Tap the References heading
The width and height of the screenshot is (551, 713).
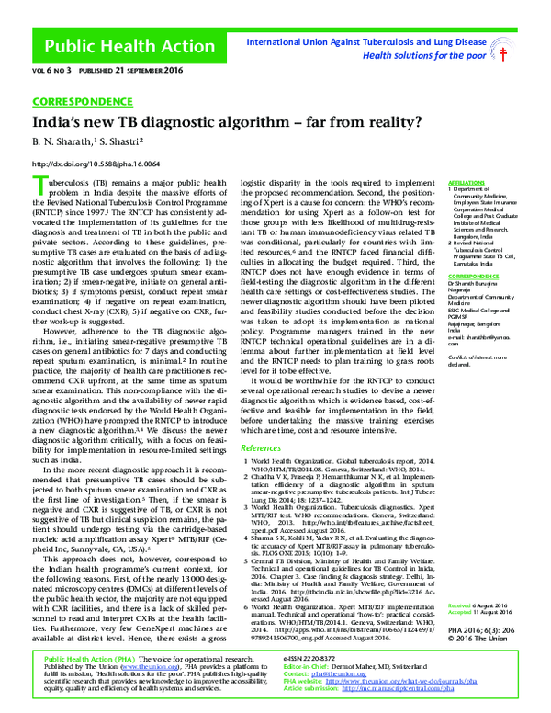click(x=261, y=447)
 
